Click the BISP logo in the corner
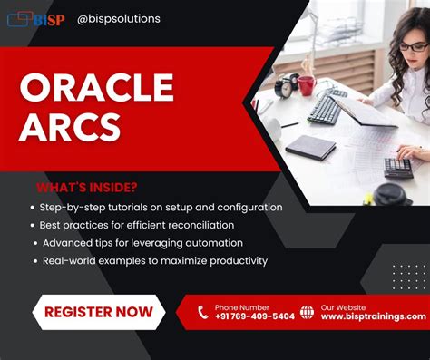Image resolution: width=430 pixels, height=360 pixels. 38,18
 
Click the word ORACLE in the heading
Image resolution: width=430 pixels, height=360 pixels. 96,87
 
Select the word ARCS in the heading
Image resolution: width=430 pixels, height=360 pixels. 71,126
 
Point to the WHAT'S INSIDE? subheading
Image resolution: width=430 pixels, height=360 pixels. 87,188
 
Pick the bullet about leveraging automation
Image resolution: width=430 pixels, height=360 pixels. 142,242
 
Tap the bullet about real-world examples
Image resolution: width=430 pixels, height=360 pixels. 154,260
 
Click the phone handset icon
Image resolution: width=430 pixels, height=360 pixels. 202,312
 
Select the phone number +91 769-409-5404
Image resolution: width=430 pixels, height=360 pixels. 254,316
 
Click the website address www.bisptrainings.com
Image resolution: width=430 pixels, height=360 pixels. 373,316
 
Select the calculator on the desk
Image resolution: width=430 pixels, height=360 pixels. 398,167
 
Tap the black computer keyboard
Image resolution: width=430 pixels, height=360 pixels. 325,111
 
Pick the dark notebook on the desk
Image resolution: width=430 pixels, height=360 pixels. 310,147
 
